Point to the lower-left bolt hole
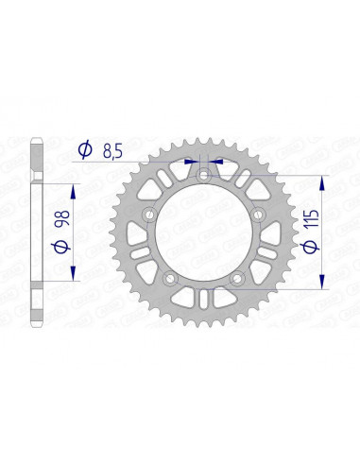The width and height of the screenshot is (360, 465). tap(167, 279)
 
